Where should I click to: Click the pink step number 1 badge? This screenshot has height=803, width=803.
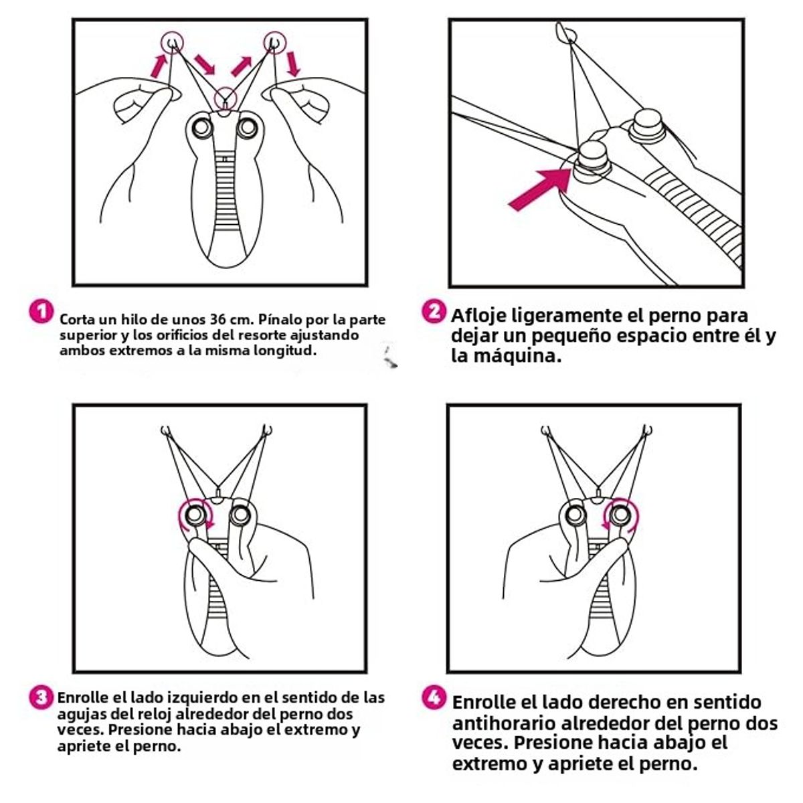tap(41, 312)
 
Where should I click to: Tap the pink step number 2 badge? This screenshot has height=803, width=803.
tap(434, 312)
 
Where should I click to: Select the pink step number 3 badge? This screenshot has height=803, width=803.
tap(41, 697)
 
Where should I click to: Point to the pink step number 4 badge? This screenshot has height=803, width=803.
tap(434, 697)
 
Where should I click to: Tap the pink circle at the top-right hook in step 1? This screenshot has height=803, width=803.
tap(274, 42)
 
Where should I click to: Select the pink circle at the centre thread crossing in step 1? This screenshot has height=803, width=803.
tap(225, 99)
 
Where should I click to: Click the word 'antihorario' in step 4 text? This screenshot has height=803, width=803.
tap(502, 723)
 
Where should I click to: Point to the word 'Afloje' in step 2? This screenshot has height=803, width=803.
tap(478, 315)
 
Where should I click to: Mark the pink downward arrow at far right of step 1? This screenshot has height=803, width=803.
tap(293, 65)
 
